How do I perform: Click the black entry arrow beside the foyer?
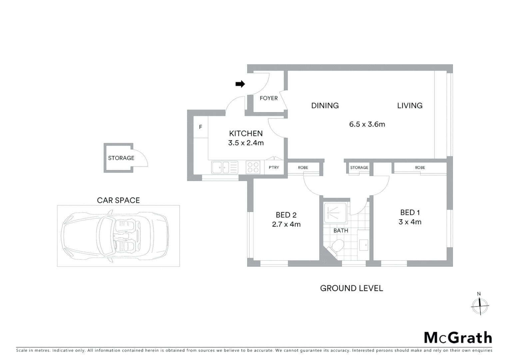[x=240, y=84]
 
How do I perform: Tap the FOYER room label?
[x=268, y=98]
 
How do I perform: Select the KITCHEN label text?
[x=246, y=133]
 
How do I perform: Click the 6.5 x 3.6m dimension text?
[x=367, y=124]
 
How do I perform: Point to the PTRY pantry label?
[x=273, y=167]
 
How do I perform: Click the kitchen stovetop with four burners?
[x=253, y=167]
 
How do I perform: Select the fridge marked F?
[x=201, y=127]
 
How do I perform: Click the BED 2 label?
[x=286, y=215]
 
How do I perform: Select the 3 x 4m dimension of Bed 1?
[x=410, y=222]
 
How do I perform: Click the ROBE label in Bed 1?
[x=420, y=168]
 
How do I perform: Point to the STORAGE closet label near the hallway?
[x=359, y=168]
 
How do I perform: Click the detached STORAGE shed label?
[x=121, y=158]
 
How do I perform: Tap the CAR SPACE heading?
[x=118, y=200]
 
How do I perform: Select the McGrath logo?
[x=458, y=338]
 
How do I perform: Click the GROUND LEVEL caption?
[x=351, y=288]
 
